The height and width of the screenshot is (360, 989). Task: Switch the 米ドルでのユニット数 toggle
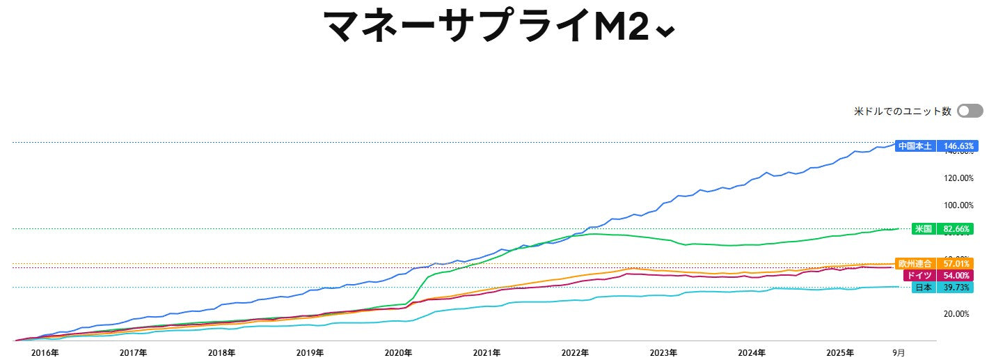pos(970,111)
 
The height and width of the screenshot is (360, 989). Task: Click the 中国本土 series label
pos(915,146)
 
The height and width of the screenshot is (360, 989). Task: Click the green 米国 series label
pos(923,228)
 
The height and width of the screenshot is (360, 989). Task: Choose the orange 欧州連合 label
pos(915,264)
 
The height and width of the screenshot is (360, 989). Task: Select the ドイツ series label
pos(919,276)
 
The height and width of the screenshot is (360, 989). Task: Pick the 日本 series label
pos(924,288)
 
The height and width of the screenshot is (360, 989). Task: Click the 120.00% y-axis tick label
pos(958,178)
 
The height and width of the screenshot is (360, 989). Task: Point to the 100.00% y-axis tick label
pos(958,205)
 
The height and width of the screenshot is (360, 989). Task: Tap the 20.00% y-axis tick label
pos(958,314)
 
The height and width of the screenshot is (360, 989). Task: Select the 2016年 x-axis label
pos(45,353)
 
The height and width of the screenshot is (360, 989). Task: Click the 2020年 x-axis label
pos(399,353)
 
